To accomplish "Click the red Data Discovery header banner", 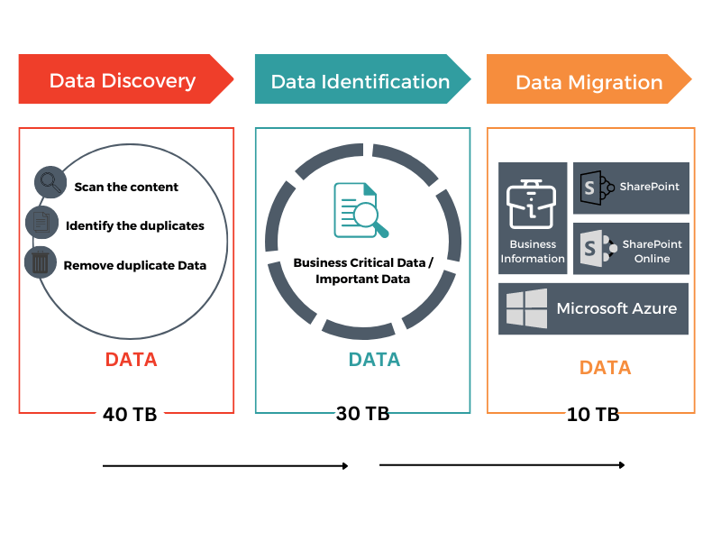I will pyautogui.click(x=124, y=80).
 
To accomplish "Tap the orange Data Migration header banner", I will pyautogui.click(x=589, y=82).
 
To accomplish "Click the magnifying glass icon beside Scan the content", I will pyautogui.click(x=50, y=183).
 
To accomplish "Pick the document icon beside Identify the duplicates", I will pyautogui.click(x=41, y=222).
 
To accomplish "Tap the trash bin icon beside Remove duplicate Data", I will pyautogui.click(x=41, y=262).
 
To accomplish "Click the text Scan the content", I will pyautogui.click(x=126, y=188).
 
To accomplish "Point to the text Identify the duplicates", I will pyautogui.click(x=135, y=225).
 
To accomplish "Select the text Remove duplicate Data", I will pyautogui.click(x=135, y=266).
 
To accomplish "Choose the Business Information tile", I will pyautogui.click(x=533, y=218).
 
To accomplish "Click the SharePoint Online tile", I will pyautogui.click(x=631, y=249).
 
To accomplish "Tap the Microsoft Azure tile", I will pyautogui.click(x=593, y=308).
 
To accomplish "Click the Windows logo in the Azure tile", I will pyautogui.click(x=526, y=308).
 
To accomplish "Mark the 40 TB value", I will pyautogui.click(x=130, y=415).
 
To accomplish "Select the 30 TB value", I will pyautogui.click(x=363, y=414).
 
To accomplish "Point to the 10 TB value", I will pyautogui.click(x=593, y=415).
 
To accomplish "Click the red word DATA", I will pyautogui.click(x=131, y=360).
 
